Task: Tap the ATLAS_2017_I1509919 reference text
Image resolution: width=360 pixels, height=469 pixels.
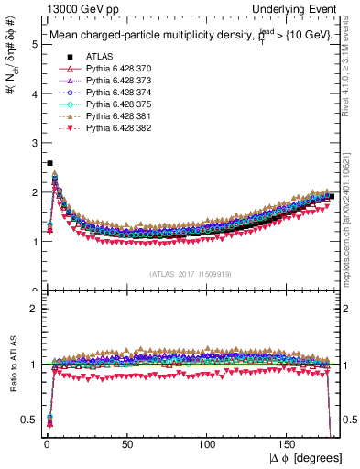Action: (x=191, y=273)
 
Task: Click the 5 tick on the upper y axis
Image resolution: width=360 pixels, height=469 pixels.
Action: (x=34, y=43)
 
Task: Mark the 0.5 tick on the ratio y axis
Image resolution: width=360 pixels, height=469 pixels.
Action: (x=30, y=420)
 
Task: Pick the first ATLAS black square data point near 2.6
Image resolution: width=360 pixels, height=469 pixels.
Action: (x=49, y=163)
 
